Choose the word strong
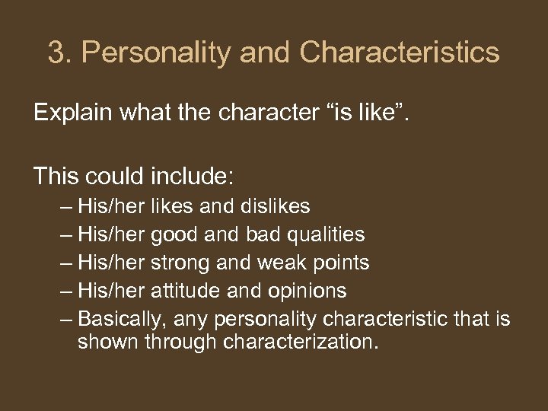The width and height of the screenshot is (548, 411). pyautogui.click(x=183, y=263)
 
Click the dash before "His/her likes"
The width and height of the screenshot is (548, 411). pyautogui.click(x=67, y=206)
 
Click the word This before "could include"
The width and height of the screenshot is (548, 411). pyautogui.click(x=56, y=177)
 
